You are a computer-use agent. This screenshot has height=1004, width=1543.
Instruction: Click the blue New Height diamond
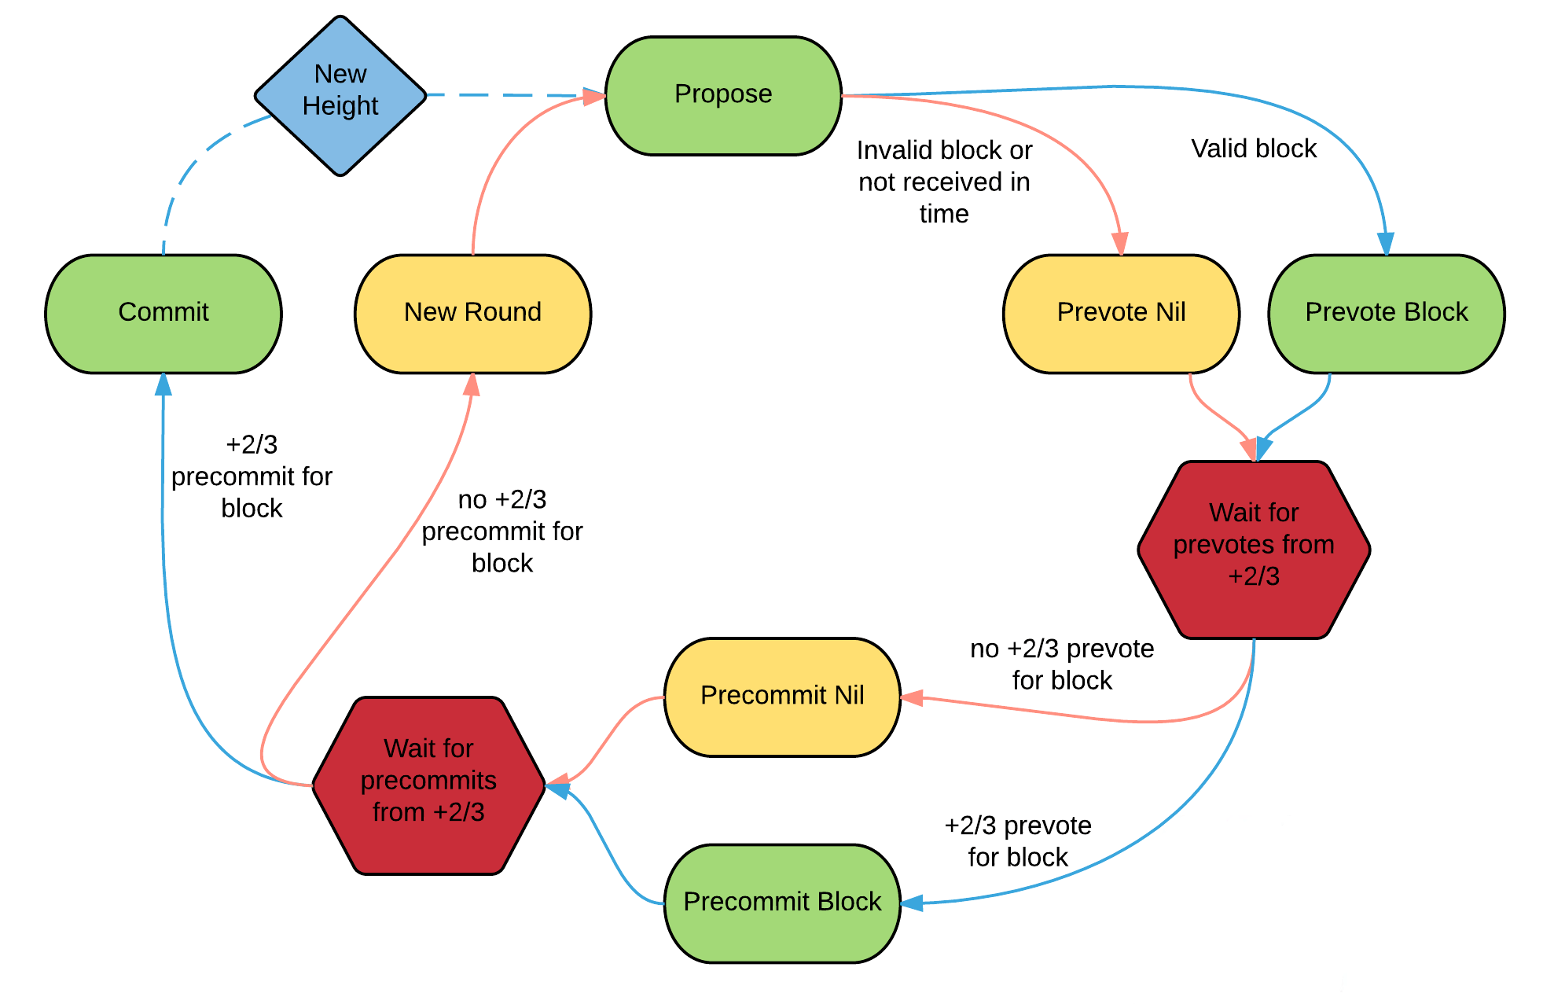coord(340,96)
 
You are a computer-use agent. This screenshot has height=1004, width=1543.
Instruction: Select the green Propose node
coord(723,96)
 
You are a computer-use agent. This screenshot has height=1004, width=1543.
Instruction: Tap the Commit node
coord(163,314)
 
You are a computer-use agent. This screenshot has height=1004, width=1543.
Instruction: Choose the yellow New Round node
coord(472,314)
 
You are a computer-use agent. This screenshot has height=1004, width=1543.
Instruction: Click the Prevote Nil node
coord(1122,314)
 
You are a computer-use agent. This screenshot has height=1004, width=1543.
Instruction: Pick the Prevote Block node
coord(1387,314)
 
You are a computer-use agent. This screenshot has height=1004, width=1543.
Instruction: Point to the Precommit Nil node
coord(782,697)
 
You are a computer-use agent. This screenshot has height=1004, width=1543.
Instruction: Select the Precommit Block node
coord(782,903)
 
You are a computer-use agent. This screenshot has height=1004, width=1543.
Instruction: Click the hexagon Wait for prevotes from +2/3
coord(1254,550)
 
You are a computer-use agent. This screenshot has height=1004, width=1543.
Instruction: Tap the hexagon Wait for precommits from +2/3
coord(428,785)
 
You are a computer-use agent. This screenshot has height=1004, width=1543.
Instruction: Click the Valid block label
coord(1254,149)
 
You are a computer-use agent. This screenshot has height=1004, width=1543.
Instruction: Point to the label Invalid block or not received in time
coord(944,182)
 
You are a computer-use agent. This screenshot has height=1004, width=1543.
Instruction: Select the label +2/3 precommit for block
coord(252,476)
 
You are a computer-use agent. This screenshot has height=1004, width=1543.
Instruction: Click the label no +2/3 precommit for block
coord(502,531)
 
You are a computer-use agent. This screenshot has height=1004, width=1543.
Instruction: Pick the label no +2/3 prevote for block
coord(1062,664)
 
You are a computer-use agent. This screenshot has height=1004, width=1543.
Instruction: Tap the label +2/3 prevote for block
coord(1018,841)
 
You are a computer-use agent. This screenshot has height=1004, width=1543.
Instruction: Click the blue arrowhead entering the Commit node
coord(163,384)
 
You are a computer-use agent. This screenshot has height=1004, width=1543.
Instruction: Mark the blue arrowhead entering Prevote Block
coord(1386,244)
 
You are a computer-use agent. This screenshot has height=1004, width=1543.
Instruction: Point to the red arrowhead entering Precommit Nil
coord(912,697)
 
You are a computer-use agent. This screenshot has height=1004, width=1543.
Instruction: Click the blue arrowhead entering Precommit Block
coord(912,903)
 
